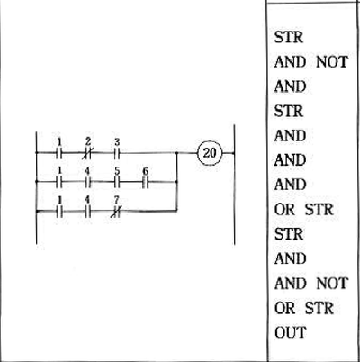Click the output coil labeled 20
210,153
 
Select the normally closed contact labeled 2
88,153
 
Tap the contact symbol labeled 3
117,153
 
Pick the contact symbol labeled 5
117,182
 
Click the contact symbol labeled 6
146,182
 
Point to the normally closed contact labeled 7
117,212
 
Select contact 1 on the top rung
59,153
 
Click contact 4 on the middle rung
88,182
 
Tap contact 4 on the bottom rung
88,212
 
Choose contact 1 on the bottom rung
59,212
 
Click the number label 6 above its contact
146,171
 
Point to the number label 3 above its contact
117,142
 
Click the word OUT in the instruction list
291,332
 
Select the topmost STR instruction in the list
289,37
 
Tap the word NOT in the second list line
332,62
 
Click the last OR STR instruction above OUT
304,308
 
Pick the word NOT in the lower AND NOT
332,283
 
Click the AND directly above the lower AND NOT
291,258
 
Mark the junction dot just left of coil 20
177,153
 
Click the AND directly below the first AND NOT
291,86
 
